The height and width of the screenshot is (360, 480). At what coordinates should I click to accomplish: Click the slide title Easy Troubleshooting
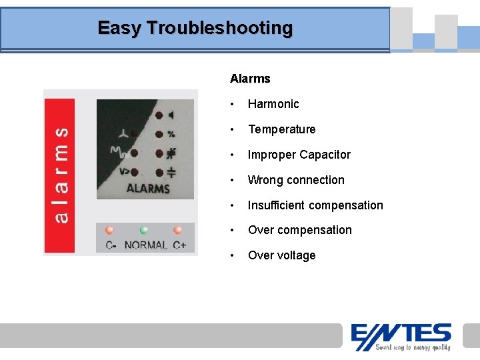[195, 28]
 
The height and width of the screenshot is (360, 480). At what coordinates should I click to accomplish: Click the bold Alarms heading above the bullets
[250, 79]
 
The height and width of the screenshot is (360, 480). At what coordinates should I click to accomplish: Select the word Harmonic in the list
[273, 104]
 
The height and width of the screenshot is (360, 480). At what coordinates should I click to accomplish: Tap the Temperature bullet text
[281, 129]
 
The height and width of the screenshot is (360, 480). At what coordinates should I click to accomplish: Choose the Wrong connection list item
[296, 180]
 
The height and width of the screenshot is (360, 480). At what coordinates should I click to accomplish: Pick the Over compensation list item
[299, 230]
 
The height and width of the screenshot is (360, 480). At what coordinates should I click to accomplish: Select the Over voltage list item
[281, 255]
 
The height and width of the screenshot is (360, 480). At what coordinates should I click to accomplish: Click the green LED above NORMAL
[144, 231]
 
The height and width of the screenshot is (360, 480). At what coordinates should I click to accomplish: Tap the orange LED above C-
[109, 231]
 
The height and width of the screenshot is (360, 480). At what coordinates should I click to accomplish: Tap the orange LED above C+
[178, 231]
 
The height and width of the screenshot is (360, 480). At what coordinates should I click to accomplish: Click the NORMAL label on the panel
[145, 245]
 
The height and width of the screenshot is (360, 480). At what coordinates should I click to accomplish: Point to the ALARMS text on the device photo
[147, 188]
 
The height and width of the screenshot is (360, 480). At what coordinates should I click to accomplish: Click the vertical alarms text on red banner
[60, 176]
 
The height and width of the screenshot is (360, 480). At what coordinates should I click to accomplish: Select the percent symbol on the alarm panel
[171, 134]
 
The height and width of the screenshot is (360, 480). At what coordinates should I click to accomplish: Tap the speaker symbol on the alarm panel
[171, 115]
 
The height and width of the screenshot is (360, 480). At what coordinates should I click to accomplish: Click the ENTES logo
[401, 333]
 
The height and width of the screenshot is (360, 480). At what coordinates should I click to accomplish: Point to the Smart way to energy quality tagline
[413, 347]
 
